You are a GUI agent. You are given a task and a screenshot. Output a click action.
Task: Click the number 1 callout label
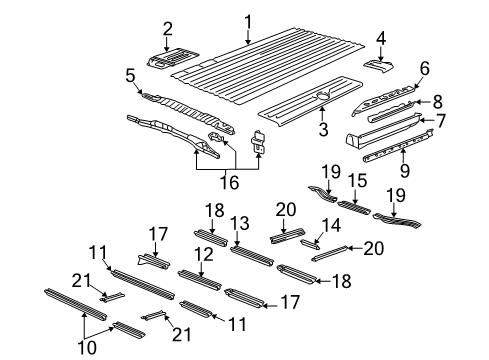[x=249, y=20]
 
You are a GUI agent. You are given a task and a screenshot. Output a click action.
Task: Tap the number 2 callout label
[x=168, y=28]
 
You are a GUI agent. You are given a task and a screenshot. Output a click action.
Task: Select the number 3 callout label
[x=322, y=129]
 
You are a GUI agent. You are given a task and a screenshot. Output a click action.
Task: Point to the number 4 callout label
[x=380, y=38]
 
